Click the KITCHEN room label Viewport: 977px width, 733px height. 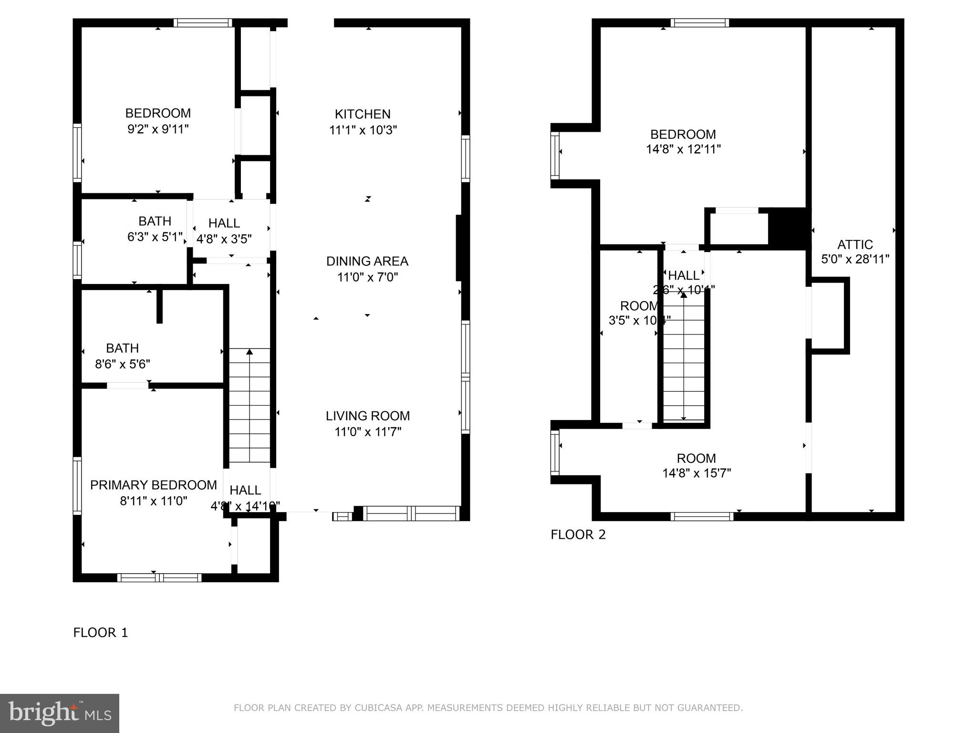tap(363, 114)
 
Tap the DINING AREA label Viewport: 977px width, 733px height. tap(367, 261)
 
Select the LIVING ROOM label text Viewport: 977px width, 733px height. tap(367, 416)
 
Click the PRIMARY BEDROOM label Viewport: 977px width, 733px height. tap(153, 485)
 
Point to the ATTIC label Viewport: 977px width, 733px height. tap(855, 244)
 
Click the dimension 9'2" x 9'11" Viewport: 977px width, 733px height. tap(158, 129)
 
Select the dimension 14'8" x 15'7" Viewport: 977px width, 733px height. tap(696, 473)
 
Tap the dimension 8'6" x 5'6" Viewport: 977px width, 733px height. tap(123, 364)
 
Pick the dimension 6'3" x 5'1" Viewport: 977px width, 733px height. tap(155, 237)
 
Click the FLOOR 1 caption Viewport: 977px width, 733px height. tap(101, 633)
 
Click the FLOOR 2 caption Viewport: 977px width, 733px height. tap(578, 534)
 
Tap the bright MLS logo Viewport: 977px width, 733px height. tap(60, 713)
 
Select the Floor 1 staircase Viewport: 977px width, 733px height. tap(249, 406)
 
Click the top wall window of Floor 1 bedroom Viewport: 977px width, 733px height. tap(202, 22)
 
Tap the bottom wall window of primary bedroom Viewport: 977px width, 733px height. tap(159, 578)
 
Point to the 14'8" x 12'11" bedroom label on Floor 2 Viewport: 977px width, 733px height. tap(683, 142)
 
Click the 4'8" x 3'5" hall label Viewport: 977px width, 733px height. tap(224, 231)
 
